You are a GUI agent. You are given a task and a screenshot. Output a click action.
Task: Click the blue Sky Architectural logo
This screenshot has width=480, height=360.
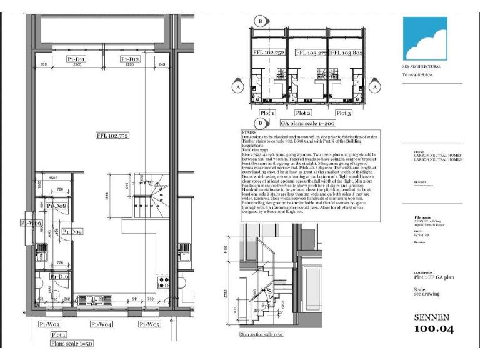pyautogui.click(x=426, y=39)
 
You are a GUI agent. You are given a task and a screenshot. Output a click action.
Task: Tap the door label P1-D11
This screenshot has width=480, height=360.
pyautogui.click(x=76, y=59)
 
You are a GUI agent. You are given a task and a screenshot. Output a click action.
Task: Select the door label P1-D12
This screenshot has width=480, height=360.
pyautogui.click(x=130, y=59)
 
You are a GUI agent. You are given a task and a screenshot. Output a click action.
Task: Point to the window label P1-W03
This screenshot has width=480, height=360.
pyautogui.click(x=50, y=324)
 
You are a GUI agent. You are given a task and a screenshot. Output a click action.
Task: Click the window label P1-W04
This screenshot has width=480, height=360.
pyautogui.click(x=101, y=324)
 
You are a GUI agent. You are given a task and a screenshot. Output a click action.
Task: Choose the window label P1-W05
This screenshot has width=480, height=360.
pyautogui.click(x=150, y=324)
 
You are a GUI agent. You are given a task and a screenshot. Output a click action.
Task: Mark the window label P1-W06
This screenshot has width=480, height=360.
pyautogui.click(x=31, y=223)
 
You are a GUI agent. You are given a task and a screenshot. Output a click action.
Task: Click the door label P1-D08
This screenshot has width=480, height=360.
pyautogui.click(x=57, y=206)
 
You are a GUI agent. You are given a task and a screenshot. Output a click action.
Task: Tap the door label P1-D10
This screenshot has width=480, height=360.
pyautogui.click(x=60, y=276)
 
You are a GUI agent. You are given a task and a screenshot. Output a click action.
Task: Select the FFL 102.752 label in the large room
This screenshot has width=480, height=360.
pyautogui.click(x=112, y=136)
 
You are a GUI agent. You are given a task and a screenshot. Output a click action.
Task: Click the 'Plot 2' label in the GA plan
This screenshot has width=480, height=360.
pyautogui.click(x=303, y=113)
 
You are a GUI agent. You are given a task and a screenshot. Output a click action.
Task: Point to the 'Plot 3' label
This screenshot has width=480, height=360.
pyautogui.click(x=344, y=113)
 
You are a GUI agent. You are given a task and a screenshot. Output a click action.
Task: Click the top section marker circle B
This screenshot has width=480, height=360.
pyautogui.click(x=259, y=21)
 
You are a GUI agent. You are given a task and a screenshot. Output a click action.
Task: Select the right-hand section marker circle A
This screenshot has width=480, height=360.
pyautogui.click(x=375, y=88)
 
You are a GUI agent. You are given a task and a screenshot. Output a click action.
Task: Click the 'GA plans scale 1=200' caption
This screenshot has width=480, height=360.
pyautogui.click(x=306, y=124)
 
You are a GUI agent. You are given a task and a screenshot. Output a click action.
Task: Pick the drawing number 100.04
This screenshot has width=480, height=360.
pyautogui.click(x=434, y=329)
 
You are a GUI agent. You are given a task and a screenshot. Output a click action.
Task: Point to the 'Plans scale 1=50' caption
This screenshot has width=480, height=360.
pyautogui.click(x=72, y=343)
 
